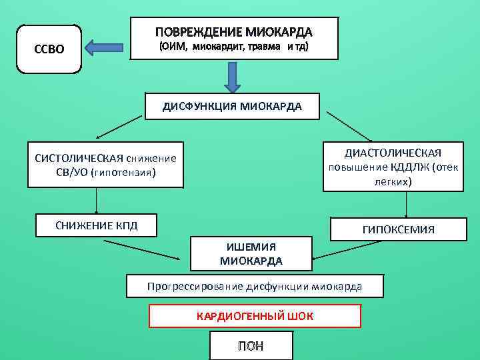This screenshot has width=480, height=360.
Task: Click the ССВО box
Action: point(49,49)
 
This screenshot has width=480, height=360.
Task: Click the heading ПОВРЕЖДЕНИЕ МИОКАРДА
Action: point(234,32)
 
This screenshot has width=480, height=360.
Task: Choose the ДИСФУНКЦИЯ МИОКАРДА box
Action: point(232,106)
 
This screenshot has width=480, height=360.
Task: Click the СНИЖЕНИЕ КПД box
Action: point(96,225)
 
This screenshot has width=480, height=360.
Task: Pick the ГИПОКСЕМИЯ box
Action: point(398,229)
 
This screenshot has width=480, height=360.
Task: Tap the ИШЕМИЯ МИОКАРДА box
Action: point(251,254)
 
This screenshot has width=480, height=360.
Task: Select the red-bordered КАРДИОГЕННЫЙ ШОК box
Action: point(255,315)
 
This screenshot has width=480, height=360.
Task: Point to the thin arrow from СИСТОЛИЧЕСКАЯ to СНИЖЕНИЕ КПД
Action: point(97,200)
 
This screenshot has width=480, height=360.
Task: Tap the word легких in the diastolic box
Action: point(393,181)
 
